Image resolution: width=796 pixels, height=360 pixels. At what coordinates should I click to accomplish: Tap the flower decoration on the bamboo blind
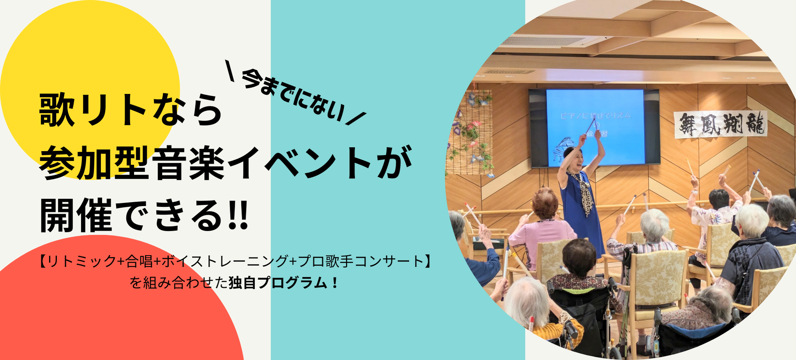tap(470, 132)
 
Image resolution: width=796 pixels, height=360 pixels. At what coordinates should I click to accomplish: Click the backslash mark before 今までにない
tap(230, 71)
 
